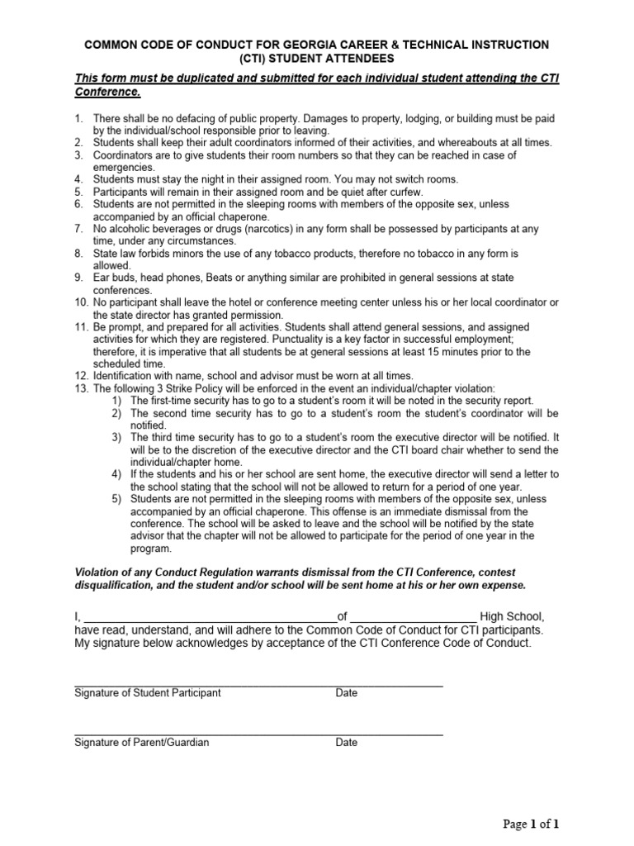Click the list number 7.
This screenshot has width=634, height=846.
[78, 228]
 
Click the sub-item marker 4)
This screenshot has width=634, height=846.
[116, 474]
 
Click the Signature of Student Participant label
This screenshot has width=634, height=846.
[148, 693]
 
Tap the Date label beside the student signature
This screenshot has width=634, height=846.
[346, 693]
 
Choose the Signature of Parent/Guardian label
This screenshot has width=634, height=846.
[142, 743]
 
